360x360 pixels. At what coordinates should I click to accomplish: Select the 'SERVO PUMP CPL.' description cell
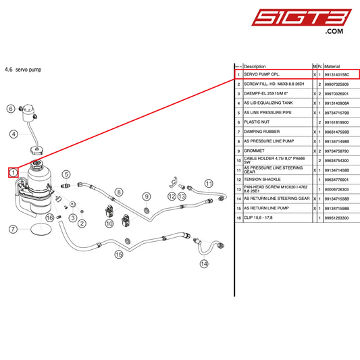[x=261, y=74]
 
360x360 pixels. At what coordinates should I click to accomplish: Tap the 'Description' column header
[x=255, y=66]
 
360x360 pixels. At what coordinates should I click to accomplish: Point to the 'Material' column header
[x=332, y=66]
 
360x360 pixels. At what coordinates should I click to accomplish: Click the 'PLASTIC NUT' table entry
[x=257, y=122]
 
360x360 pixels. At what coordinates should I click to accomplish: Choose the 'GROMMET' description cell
[x=255, y=151]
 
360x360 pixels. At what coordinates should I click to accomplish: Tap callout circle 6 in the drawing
[x=11, y=108]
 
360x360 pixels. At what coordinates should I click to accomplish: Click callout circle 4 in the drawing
[x=13, y=134]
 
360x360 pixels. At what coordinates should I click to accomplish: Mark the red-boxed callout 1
[x=12, y=172]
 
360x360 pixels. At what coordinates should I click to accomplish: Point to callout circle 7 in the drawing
[x=12, y=229]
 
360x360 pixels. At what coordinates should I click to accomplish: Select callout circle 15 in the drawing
[x=119, y=255]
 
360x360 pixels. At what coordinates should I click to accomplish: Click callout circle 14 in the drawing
[x=204, y=264]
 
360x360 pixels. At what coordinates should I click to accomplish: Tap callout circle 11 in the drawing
[x=208, y=183]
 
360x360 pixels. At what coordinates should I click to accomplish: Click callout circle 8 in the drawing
[x=119, y=192]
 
